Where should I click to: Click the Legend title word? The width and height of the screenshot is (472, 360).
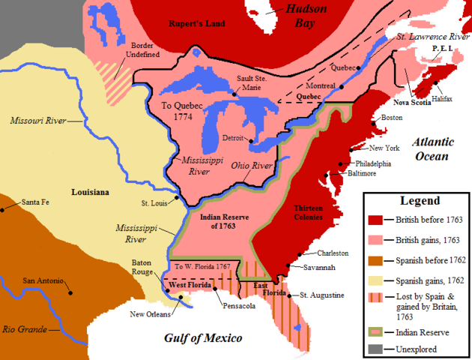click(415, 201)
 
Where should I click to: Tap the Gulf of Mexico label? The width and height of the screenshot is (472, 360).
click(203, 338)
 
